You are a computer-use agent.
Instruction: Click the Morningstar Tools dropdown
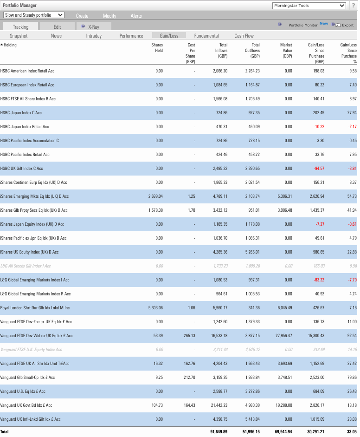pyautogui.click(x=309, y=6)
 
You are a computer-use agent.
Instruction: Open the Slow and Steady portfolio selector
pyautogui.click(x=34, y=15)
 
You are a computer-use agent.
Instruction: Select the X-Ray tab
pyautogui.click(x=93, y=27)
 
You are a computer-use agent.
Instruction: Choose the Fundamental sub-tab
pyautogui.click(x=206, y=36)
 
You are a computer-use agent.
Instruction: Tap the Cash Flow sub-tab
pyautogui.click(x=244, y=36)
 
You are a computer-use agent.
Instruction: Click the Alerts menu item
pyautogui.click(x=136, y=16)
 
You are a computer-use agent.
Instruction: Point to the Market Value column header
pyautogui.click(x=286, y=51)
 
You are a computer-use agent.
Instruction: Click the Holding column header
pyautogui.click(x=10, y=45)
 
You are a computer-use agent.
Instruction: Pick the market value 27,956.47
pyautogui.click(x=282, y=336)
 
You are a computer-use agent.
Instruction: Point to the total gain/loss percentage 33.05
pyautogui.click(x=351, y=432)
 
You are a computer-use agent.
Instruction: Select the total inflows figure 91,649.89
pyautogui.click(x=216, y=432)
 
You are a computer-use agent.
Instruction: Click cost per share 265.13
pyautogui.click(x=189, y=336)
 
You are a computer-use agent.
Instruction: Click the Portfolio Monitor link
pyautogui.click(x=303, y=26)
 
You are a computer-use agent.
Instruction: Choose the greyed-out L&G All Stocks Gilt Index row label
pyautogui.click(x=26, y=266)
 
